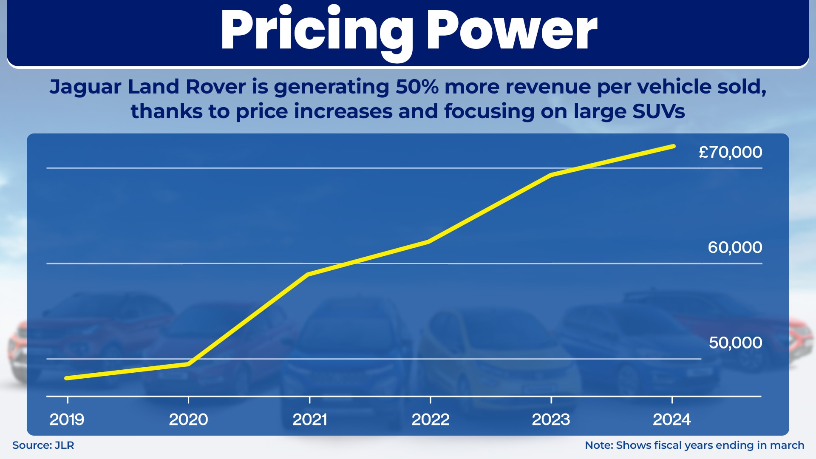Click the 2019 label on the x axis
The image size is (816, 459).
coord(67,419)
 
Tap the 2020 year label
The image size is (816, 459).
coord(188,419)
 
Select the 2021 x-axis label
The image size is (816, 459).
coord(309,419)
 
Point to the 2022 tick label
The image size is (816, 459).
coord(431,419)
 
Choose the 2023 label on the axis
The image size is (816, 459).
coord(551,419)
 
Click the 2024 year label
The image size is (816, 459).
coord(671,419)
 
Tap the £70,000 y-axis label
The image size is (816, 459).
coord(730,152)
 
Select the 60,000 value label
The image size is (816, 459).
coord(735,247)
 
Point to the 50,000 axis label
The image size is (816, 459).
coord(735,343)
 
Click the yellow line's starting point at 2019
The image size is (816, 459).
coord(67,378)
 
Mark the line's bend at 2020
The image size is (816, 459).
coord(188,364)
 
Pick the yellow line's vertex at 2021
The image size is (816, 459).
coord(308,275)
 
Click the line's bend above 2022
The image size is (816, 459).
coord(429,241)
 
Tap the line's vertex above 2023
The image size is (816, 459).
coord(551,175)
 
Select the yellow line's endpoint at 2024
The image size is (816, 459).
coord(673,146)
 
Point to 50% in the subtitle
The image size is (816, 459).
coord(417,87)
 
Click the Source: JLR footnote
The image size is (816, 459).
coord(43,445)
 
